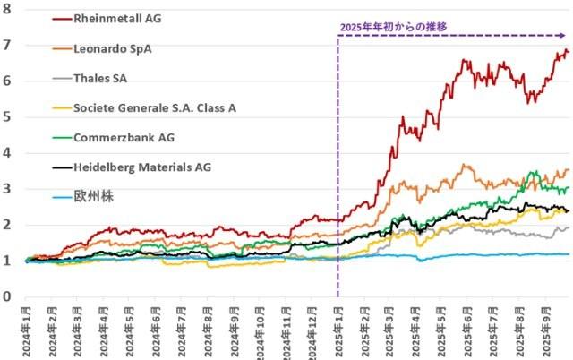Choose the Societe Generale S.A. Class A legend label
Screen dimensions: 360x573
tap(156, 108)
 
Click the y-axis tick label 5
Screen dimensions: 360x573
tap(6, 116)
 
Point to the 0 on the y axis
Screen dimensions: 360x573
tap(6, 296)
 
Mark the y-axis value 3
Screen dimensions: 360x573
tap(6, 188)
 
